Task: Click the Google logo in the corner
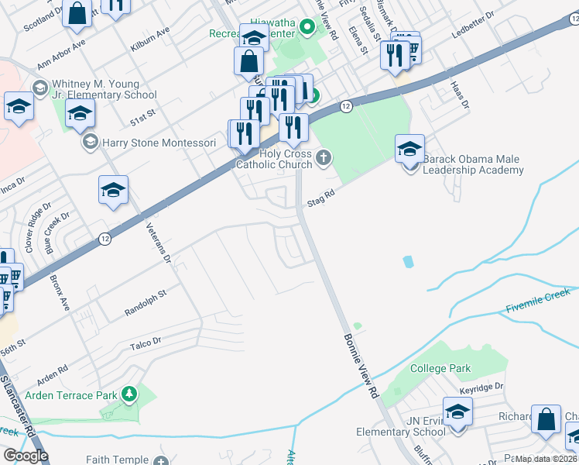tap(26, 455)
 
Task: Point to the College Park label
tap(439, 368)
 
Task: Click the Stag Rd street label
tap(320, 199)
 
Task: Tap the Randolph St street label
tap(146, 305)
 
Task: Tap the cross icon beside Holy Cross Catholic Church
tap(324, 159)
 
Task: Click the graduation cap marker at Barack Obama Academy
tap(409, 150)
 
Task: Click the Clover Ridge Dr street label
tap(36, 224)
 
